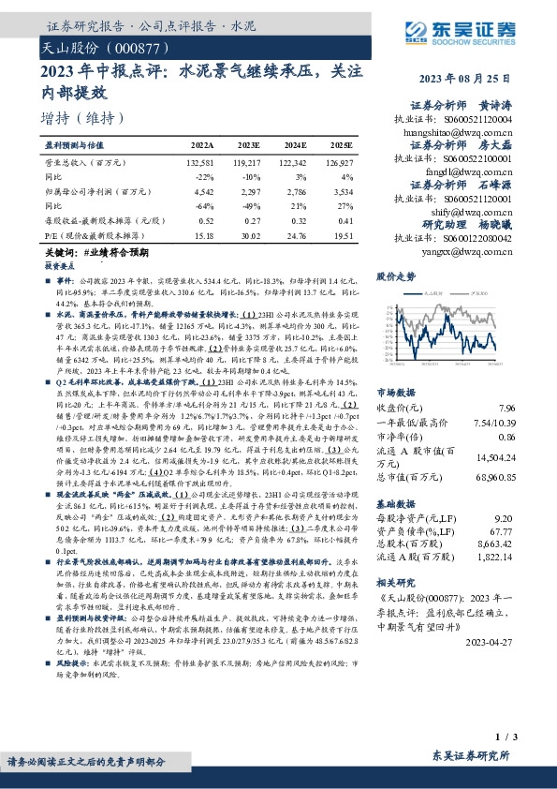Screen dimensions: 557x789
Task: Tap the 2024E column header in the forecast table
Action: (295, 146)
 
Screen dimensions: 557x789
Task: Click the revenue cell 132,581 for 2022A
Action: (200, 162)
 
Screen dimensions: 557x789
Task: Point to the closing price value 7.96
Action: (507, 407)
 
